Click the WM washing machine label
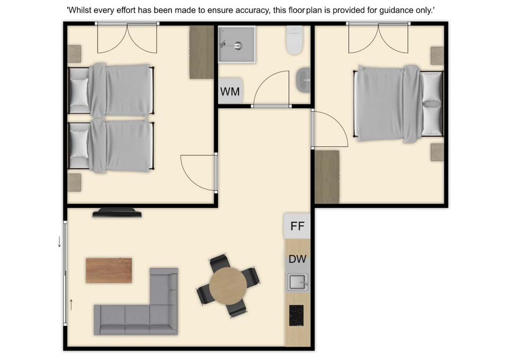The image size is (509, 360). coord(230,92)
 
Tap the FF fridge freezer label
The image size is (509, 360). coord(297,226)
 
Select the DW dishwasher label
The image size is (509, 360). coord(297,259)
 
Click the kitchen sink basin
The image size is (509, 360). coord(297,282)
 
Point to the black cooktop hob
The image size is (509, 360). coord(296,315)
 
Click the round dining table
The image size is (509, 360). coord(228,286)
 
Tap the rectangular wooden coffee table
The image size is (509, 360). coord(109,270)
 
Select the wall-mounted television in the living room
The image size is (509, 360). coord(117,213)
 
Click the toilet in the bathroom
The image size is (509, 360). coord(295,40)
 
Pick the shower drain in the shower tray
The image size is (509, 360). coord(238,46)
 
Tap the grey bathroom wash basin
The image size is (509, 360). coord(303,80)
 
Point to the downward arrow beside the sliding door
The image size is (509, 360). coord(59,242)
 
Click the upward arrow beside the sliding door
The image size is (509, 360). coord(71,304)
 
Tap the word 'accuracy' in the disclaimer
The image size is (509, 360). coord(252,11)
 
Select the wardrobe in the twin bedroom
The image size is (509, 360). coord(201,52)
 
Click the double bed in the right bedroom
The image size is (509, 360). coord(399,103)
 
